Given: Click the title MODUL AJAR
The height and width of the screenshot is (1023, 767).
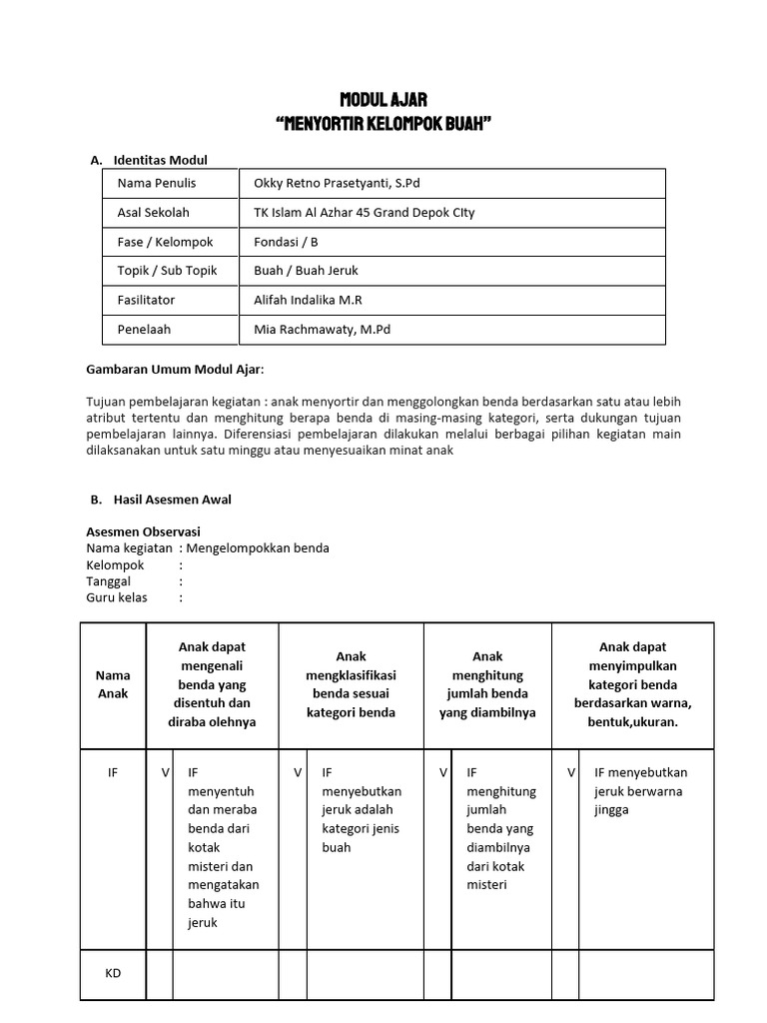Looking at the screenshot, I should (x=383, y=100).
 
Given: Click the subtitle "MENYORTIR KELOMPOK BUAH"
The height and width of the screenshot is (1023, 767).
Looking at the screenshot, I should (x=383, y=124).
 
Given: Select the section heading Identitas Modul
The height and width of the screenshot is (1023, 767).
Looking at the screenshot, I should (x=160, y=160).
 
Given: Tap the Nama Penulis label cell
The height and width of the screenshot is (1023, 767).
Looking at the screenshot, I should (x=157, y=183).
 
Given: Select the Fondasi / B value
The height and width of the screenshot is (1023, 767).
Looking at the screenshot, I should (x=287, y=242).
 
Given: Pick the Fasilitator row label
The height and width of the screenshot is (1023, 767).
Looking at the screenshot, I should (x=146, y=300).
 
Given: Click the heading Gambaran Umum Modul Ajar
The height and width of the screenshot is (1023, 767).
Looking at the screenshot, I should (x=176, y=370).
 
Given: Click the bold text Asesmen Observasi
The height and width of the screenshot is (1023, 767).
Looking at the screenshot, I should (x=143, y=531).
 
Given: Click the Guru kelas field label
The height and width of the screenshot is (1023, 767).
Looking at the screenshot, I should (x=117, y=597).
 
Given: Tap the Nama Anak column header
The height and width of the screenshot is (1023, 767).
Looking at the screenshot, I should (x=113, y=685).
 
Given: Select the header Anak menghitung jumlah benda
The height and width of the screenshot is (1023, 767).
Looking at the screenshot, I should (x=487, y=685).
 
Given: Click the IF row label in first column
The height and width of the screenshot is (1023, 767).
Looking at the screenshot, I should (x=113, y=772).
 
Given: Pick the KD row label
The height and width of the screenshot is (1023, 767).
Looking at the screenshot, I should (x=113, y=973).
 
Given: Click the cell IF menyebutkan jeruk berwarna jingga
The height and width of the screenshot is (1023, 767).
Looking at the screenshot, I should (x=640, y=791).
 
